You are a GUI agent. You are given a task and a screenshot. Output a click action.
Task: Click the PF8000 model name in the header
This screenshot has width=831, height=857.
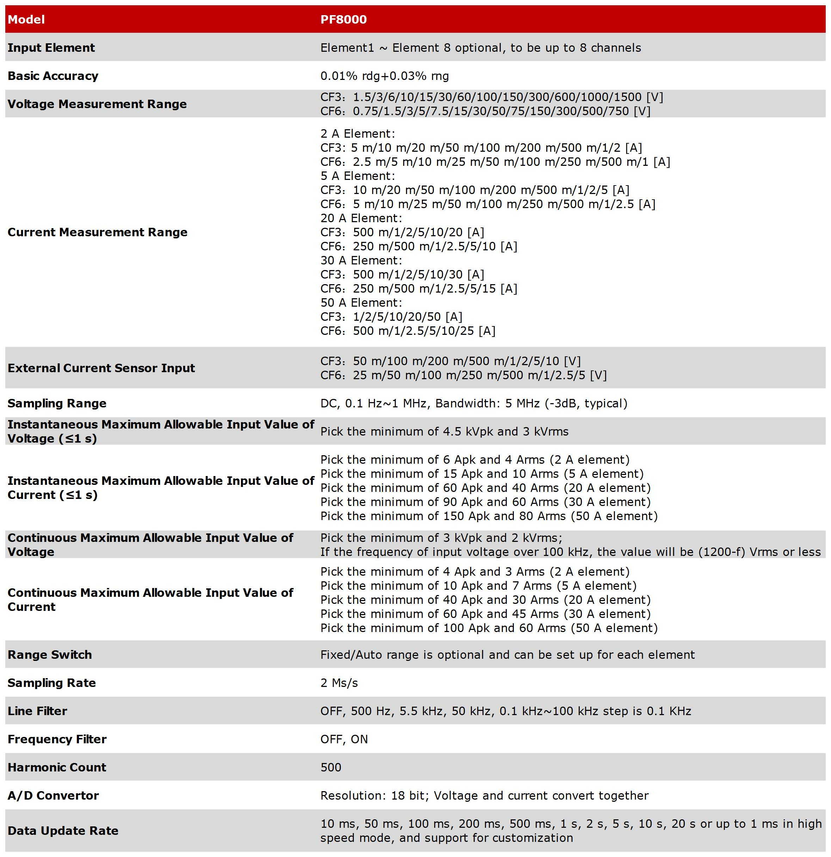[344, 20]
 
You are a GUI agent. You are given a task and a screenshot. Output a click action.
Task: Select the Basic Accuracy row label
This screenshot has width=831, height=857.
[53, 76]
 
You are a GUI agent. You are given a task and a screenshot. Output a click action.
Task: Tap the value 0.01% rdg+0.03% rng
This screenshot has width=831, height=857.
[384, 76]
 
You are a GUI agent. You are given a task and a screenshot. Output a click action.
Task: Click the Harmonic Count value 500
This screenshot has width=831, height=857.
[331, 767]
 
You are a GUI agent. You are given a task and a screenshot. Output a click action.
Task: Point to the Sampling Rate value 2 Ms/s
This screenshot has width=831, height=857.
[339, 683]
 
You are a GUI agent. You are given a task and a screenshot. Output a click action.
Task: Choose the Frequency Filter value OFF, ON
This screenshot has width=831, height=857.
[344, 739]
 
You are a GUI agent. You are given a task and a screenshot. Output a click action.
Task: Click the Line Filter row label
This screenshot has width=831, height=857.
[38, 711]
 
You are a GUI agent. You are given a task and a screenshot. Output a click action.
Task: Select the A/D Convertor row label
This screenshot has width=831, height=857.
[53, 796]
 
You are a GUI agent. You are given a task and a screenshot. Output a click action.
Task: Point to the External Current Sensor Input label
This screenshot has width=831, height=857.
[101, 368]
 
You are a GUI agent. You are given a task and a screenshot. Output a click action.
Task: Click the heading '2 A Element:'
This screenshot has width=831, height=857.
[357, 134]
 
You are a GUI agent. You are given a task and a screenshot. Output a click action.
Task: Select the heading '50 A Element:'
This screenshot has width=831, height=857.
[361, 303]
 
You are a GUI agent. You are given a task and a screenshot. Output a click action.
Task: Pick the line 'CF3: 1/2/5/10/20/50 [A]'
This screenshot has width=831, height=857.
[391, 317]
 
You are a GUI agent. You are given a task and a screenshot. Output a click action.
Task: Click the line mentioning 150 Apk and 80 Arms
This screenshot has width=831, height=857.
[489, 517]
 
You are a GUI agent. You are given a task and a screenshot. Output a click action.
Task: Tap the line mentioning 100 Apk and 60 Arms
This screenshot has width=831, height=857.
[489, 628]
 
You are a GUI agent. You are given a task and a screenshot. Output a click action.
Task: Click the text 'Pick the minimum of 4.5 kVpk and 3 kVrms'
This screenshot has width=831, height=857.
[444, 432]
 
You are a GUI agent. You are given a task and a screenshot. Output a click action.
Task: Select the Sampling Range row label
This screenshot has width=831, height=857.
[57, 404]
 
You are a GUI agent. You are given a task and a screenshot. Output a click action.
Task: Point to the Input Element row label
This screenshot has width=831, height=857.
[51, 48]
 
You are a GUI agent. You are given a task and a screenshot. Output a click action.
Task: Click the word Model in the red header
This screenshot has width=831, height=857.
[26, 20]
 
